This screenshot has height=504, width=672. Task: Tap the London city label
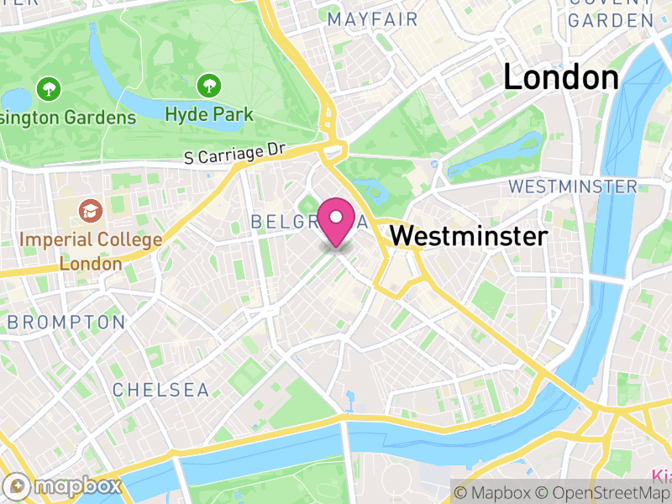coord(561,77)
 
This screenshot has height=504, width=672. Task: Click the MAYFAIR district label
coord(372,18)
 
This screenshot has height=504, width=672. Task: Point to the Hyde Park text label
coord(209,114)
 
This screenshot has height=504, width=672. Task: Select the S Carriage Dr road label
coord(235,154)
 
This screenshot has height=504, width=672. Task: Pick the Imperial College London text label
coord(91,251)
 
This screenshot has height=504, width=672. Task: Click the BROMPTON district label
coord(66,322)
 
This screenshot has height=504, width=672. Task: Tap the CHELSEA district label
coord(160,390)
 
